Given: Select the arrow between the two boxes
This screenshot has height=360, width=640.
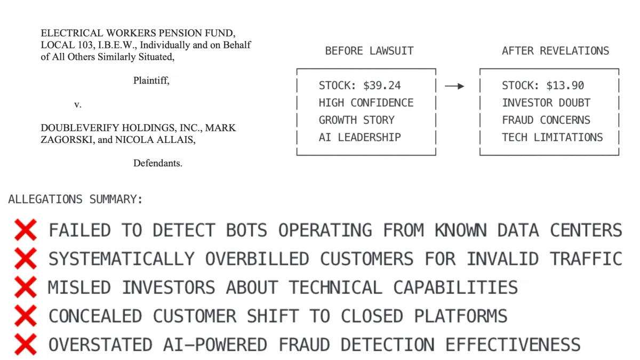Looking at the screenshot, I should (x=454, y=86).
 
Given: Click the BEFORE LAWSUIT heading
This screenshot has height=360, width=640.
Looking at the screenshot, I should (x=369, y=51).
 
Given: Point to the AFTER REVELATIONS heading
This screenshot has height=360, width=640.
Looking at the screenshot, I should (x=555, y=51).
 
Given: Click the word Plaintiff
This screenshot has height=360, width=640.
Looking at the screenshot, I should (x=151, y=81).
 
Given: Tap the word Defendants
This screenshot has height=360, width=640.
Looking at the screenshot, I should (x=158, y=163).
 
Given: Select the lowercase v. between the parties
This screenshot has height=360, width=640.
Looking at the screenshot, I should (x=78, y=105).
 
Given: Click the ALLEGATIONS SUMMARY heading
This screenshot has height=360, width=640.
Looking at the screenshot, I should (x=76, y=200).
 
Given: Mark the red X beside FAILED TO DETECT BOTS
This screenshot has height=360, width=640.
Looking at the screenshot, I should (x=26, y=230).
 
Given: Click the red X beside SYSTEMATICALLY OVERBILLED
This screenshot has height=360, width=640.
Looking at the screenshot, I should (x=26, y=259).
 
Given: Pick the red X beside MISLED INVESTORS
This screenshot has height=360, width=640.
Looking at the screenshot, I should (x=26, y=287).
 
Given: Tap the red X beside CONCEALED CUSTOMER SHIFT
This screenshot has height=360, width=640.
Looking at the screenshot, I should (x=26, y=316).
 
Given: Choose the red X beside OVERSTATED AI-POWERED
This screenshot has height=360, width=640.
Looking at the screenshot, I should (x=26, y=345).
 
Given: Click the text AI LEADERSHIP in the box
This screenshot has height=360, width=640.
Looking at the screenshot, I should (x=359, y=137).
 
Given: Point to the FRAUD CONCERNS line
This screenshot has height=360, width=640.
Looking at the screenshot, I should (x=546, y=120).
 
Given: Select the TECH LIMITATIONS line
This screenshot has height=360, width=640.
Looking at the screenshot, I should (x=552, y=137).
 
